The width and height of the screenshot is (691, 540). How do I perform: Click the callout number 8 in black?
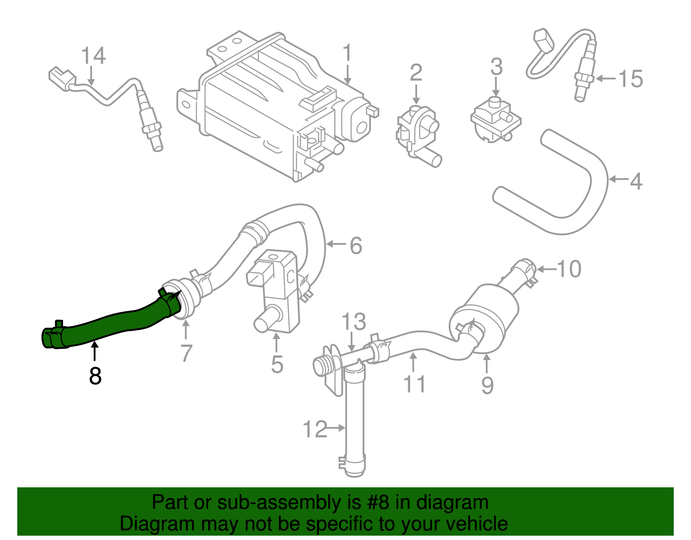pos(95,376)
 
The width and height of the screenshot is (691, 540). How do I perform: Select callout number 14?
pos(93,56)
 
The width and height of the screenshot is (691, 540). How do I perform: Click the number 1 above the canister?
pos(347,54)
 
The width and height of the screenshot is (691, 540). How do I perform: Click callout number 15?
pos(631,79)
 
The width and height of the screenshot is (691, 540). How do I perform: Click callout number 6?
pos(355,246)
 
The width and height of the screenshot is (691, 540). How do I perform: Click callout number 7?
pos(186,353)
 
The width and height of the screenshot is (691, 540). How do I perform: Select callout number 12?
pos(315,429)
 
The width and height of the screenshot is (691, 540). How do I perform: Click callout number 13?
pos(353,322)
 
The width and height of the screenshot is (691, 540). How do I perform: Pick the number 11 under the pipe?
pos(414,384)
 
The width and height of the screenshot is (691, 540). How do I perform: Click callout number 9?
pos(487,385)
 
